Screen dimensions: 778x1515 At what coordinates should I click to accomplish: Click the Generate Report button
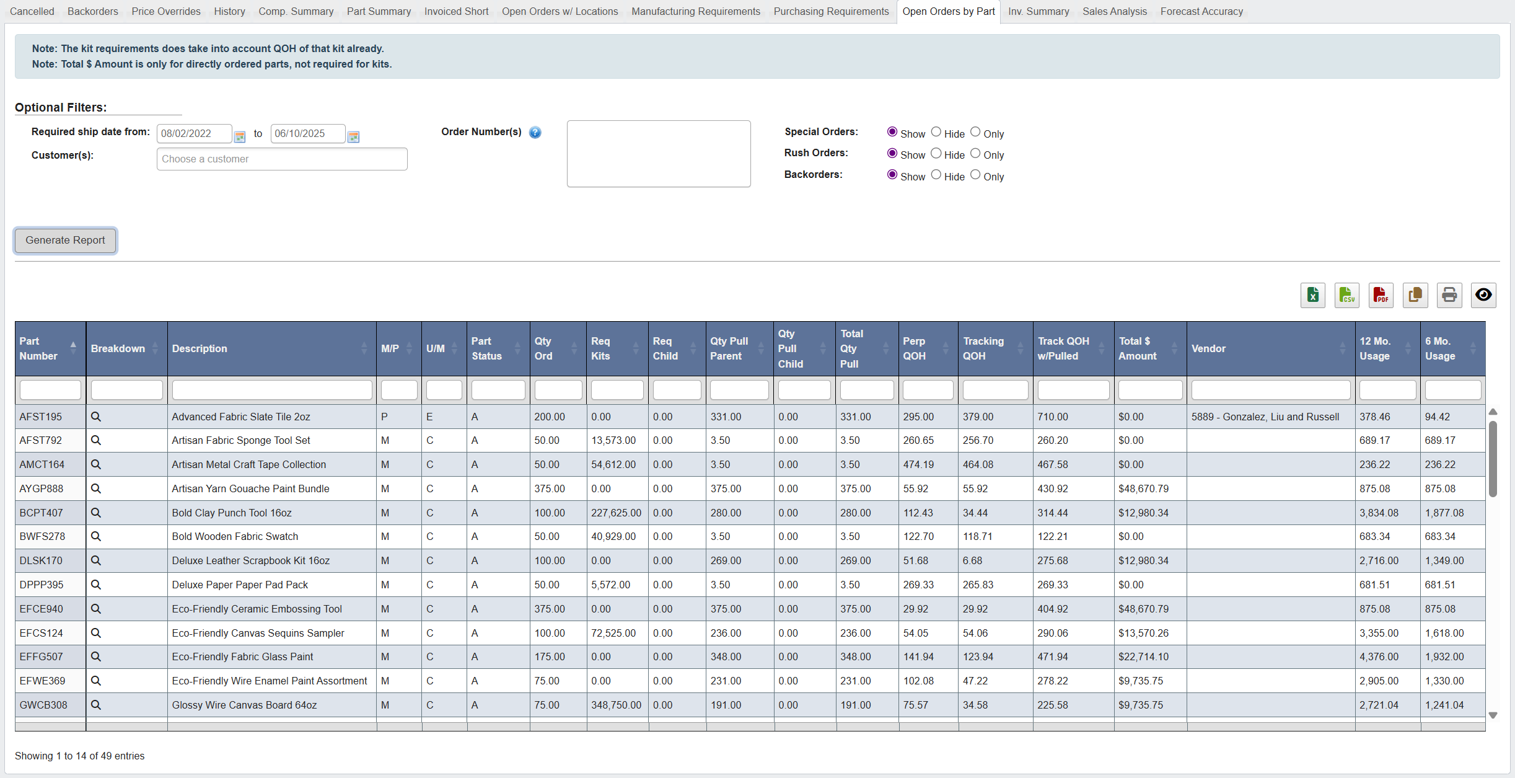(x=65, y=241)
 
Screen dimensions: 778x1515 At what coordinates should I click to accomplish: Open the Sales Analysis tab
(x=1114, y=11)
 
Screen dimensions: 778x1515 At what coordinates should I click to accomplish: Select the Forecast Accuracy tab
(x=1201, y=11)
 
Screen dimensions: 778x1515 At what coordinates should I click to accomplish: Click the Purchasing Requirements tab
(x=830, y=11)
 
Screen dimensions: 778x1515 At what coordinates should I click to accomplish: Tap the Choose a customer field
(x=282, y=159)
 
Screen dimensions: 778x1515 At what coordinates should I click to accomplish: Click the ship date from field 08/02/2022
(x=194, y=133)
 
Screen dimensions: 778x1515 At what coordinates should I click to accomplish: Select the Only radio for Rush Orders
(x=975, y=154)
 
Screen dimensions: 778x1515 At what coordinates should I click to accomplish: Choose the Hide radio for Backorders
(x=936, y=175)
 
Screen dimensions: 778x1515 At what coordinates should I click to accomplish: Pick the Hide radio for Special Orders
(x=936, y=132)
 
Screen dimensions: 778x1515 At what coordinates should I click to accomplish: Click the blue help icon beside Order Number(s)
(x=535, y=133)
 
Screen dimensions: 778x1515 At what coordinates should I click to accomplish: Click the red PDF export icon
(x=1381, y=295)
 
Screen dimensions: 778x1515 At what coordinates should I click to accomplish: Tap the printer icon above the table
(x=1449, y=295)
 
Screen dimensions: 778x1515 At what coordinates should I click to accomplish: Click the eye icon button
(x=1483, y=295)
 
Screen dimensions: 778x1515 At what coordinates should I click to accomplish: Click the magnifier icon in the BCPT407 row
(x=96, y=513)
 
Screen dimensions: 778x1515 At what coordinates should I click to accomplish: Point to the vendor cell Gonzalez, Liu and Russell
(x=1265, y=417)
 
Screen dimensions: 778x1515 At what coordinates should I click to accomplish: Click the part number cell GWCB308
(x=43, y=705)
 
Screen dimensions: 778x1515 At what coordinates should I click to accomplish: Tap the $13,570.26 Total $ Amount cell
(x=1143, y=633)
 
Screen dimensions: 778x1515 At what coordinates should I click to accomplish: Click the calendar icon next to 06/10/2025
(x=354, y=136)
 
